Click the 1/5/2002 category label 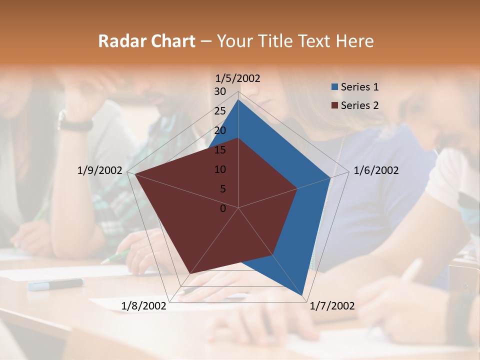tap(238, 78)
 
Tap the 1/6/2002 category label tap(376, 170)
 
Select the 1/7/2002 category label tap(332, 306)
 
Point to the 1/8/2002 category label tap(144, 306)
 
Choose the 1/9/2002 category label tap(100, 170)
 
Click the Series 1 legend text tap(359, 87)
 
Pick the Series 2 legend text tap(359, 105)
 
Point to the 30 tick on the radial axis tap(220, 91)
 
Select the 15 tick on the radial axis tap(220, 150)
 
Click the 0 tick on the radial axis tap(223, 208)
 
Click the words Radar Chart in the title tap(146, 41)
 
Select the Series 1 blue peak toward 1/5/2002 tap(238, 100)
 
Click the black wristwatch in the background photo tap(75, 123)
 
